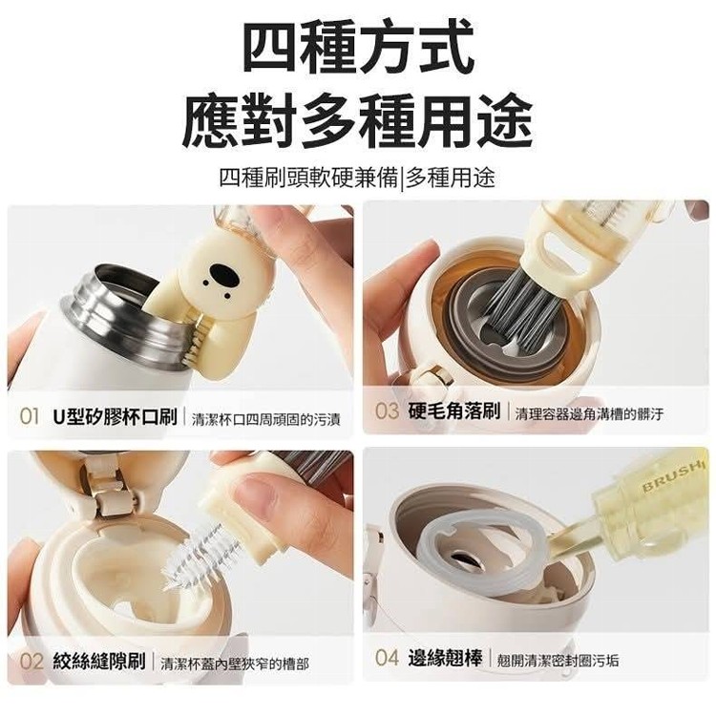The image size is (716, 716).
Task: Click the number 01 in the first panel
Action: pos(29,417)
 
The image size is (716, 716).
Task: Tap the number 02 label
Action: pos(31,662)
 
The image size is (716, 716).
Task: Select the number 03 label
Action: pos(388,411)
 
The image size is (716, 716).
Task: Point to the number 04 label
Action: pos(387,658)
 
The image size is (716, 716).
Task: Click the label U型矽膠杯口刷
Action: pos(115,417)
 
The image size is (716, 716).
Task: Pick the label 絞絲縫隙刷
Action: pos(99,662)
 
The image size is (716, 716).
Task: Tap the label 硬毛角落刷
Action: pos(454,411)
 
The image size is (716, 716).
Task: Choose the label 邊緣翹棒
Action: pos(445,658)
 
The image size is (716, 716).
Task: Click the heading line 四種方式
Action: pos(358,48)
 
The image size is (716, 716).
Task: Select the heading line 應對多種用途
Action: pos(358,118)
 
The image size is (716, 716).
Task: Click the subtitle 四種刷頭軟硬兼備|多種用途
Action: pos(357,178)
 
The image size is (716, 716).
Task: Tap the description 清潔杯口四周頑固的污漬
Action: pos(265,419)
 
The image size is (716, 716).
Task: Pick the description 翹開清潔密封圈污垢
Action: pos(558,660)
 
